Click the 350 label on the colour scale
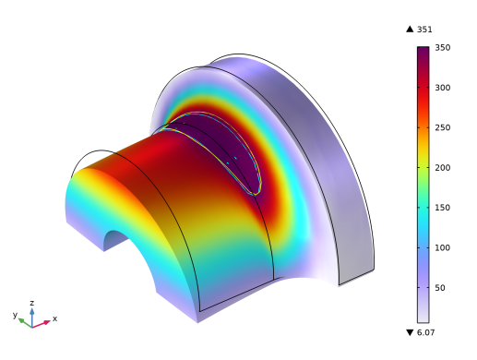(443, 48)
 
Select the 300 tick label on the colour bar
(443, 88)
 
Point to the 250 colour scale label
(443, 127)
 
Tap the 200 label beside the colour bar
(443, 168)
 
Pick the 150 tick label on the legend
(443, 208)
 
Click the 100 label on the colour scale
(443, 247)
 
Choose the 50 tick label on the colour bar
(440, 288)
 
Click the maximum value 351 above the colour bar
(424, 30)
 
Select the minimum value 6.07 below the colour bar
(425, 332)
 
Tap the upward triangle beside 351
(410, 30)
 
